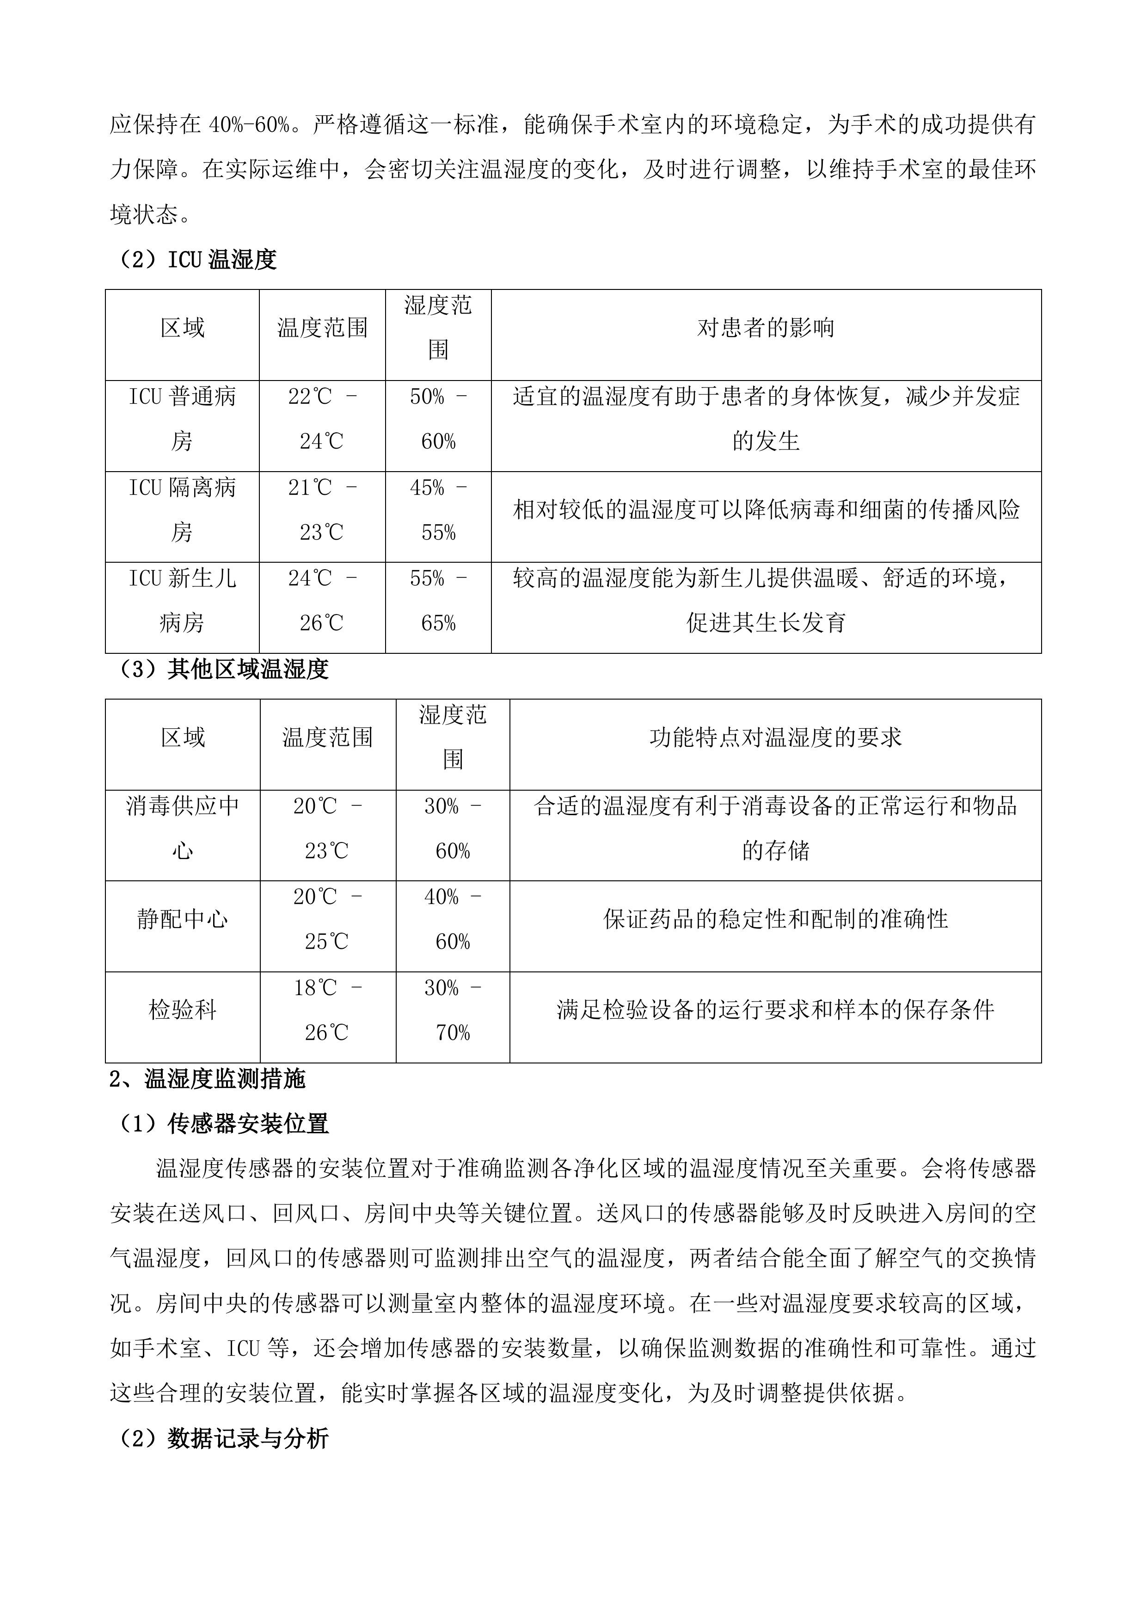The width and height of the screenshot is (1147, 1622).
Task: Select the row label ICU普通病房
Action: (x=182, y=419)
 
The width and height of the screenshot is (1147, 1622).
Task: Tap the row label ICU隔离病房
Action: (x=182, y=510)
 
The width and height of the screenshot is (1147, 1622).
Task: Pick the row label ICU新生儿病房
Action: (x=182, y=601)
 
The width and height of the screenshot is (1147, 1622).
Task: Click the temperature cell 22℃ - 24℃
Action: (x=322, y=419)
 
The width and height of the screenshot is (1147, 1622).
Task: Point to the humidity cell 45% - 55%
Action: (x=438, y=510)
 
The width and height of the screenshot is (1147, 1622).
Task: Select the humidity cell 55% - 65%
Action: (x=438, y=601)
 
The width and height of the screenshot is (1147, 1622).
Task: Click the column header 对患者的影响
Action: (x=766, y=328)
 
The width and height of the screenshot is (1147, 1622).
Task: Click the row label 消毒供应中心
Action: (x=182, y=829)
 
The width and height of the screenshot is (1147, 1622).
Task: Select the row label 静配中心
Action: (x=182, y=920)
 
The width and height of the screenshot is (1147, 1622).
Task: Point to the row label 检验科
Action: (x=182, y=1011)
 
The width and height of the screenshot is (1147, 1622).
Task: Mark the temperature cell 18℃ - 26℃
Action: (x=327, y=1011)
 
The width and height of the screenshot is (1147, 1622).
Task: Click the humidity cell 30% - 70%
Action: (x=452, y=1011)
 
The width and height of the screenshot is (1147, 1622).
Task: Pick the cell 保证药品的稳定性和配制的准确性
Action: (x=775, y=920)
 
